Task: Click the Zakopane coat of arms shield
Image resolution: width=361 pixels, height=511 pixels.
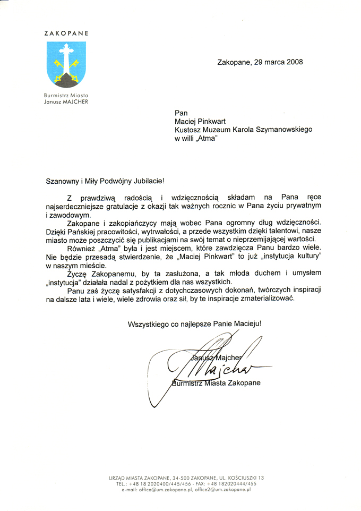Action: click(66, 64)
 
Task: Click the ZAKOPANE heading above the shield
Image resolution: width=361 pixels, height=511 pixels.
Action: click(66, 33)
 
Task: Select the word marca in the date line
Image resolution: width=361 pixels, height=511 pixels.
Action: click(271, 62)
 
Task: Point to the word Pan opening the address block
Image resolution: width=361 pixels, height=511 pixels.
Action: click(181, 113)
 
